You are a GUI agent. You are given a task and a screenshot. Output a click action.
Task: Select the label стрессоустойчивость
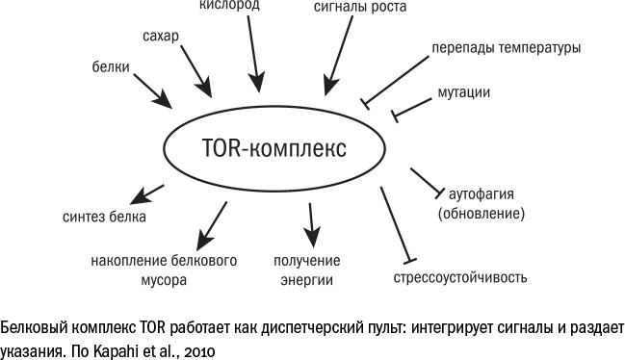coord(460,279)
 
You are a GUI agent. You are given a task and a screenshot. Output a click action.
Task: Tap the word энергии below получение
coord(307,280)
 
